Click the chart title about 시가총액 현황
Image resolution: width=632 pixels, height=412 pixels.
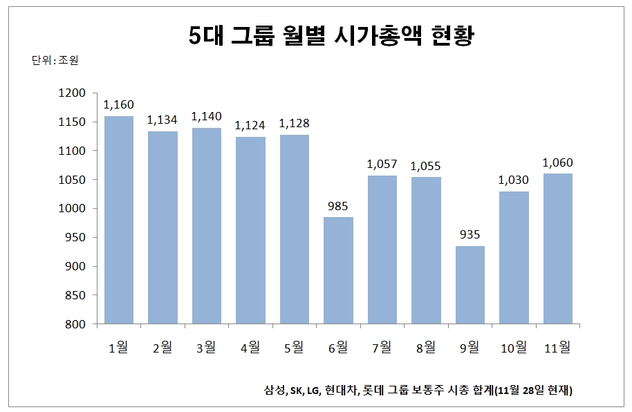pos(331,36)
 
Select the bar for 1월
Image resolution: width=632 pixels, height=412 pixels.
pos(119,220)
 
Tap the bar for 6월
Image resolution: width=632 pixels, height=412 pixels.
pos(338,270)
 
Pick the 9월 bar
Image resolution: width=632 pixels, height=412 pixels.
pos(470,285)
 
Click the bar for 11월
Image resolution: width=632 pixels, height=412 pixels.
pos(557,248)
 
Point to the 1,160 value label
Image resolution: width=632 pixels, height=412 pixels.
pos(118,105)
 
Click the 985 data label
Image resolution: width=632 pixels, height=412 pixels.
pos(338,206)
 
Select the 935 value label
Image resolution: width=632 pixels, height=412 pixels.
pos(470,235)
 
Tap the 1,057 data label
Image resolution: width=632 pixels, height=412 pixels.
pos(382,165)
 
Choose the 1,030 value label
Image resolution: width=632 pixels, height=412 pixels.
pos(514,180)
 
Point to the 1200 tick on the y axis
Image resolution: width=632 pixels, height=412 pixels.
pos(72,93)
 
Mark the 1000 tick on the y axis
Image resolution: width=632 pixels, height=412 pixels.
pos(72,209)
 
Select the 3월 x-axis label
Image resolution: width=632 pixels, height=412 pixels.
pos(206,347)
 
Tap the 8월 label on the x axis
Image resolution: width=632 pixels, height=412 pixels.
pos(425,347)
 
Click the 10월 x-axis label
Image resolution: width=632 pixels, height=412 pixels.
pos(513,347)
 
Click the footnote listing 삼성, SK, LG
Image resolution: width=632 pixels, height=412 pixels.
pos(418,391)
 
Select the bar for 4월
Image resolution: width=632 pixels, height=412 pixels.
pos(250,230)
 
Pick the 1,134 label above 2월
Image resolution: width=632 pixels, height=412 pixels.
pos(162,120)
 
